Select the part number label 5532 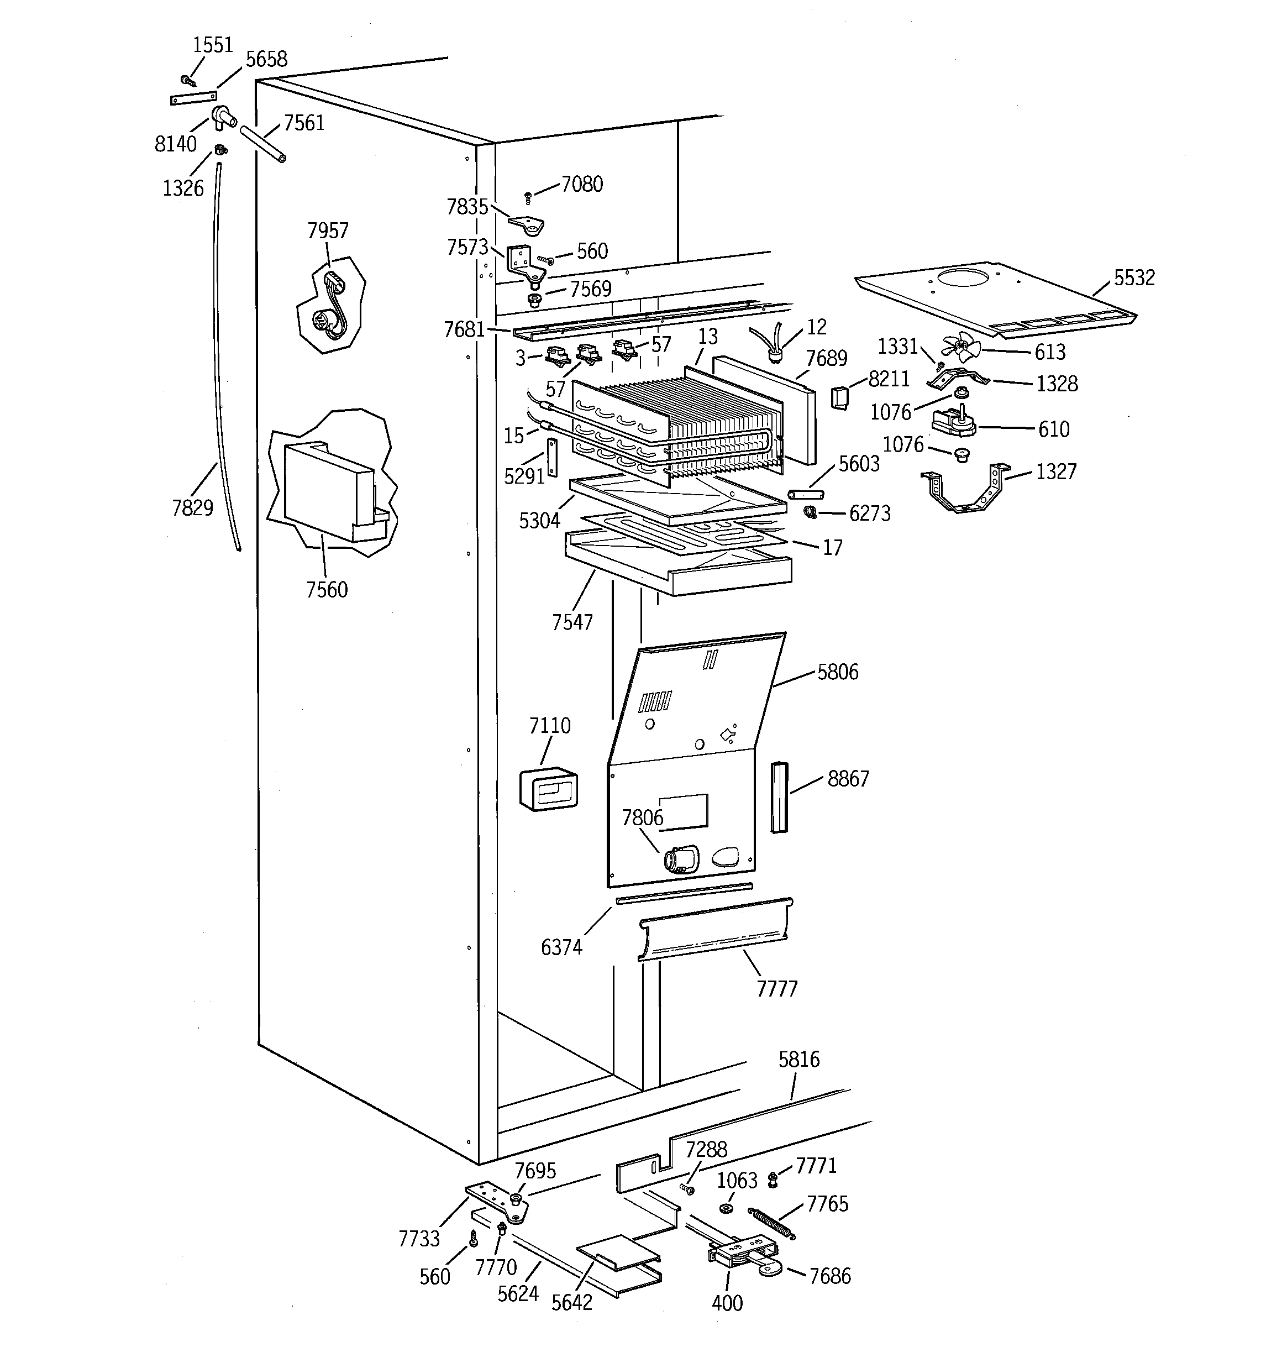pos(1133,277)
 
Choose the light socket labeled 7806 pos(679,859)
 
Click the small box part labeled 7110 pos(548,789)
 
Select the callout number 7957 pos(328,230)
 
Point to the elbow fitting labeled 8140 pos(223,117)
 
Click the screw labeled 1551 pos(187,81)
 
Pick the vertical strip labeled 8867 pos(778,797)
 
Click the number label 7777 pos(776,989)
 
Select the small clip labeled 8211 pos(839,397)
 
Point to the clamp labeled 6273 pos(810,511)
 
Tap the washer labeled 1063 pos(727,1209)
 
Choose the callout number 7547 pos(572,622)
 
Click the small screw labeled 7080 pos(528,197)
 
